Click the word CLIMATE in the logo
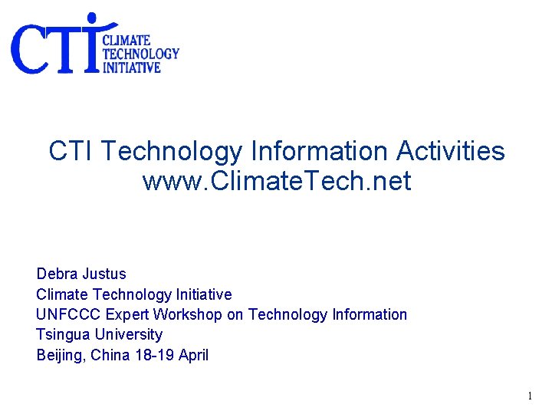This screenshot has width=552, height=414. coord(127,39)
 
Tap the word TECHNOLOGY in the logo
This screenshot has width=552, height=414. coord(141,53)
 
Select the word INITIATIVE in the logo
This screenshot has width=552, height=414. coord(132,67)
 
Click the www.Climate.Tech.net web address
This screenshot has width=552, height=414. coord(277,182)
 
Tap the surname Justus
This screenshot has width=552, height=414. coord(104,274)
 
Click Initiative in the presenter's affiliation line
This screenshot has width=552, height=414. coord(204,294)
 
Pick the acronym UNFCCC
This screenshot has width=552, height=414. coord(68,314)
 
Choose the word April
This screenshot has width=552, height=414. coord(193,355)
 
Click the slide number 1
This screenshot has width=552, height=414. coord(529,396)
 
